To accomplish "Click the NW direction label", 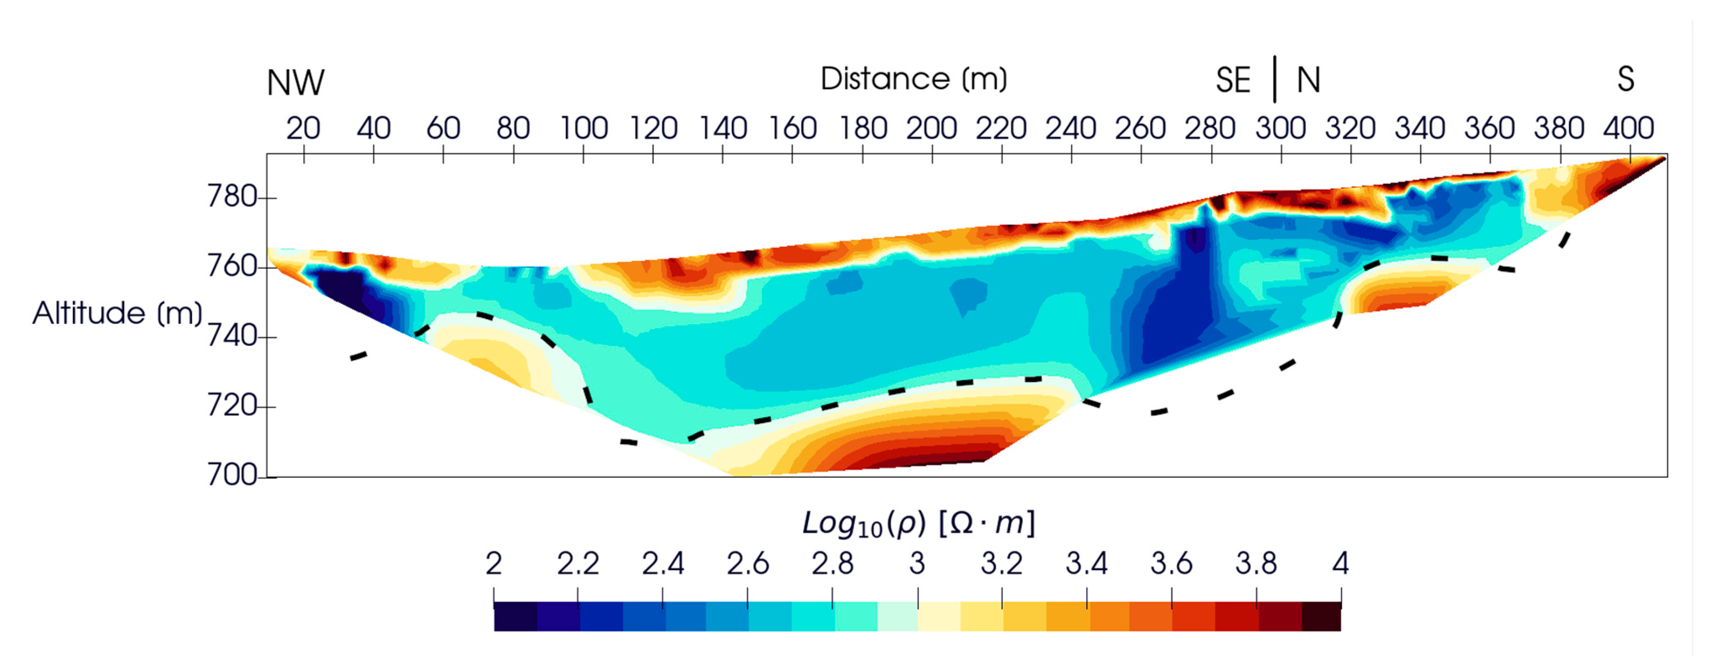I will [x=295, y=82].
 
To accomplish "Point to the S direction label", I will [x=1625, y=79].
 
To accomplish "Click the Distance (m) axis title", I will [x=914, y=79].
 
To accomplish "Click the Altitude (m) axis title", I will [x=117, y=313].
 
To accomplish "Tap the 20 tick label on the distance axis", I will [x=303, y=128].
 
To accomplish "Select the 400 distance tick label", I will [x=1628, y=128].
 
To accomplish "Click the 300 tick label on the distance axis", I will [x=1280, y=128].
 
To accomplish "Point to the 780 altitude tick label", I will [x=232, y=197].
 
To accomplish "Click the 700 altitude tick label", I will [x=232, y=475].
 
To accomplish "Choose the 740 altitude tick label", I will [x=232, y=336].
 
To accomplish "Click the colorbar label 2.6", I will [x=747, y=564].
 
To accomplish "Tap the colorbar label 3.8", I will [x=1256, y=564].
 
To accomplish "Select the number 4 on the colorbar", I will [x=1340, y=564].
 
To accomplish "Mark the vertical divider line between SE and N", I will [x=1274, y=79].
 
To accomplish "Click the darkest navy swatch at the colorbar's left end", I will [x=515, y=617].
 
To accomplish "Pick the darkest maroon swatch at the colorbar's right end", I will [x=1321, y=617].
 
